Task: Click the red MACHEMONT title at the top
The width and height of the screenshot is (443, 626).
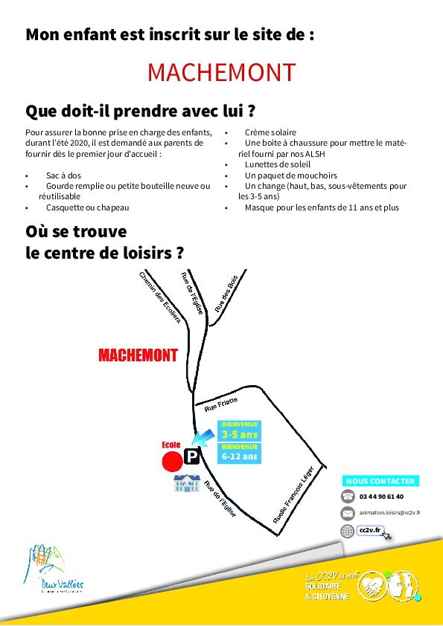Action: [221, 72]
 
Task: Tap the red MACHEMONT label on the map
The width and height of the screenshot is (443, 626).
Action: [138, 355]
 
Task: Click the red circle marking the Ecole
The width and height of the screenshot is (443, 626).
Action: [173, 461]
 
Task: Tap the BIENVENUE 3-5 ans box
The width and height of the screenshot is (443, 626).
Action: [239, 430]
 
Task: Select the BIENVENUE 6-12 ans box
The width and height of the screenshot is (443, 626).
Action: [239, 452]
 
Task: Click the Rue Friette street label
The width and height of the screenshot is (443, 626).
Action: [220, 404]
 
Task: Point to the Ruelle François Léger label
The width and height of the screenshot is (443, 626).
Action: [299, 493]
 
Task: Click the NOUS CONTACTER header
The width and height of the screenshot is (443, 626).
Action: [380, 481]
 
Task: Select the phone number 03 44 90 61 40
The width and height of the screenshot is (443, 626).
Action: [381, 497]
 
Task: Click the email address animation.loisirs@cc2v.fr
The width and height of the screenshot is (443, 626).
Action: [389, 513]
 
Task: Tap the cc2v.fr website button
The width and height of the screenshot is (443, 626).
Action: [370, 530]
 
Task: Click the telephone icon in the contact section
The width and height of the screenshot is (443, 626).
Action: [348, 497]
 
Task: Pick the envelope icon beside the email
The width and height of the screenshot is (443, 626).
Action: [348, 513]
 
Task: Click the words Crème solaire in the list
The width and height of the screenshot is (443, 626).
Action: [268, 132]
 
